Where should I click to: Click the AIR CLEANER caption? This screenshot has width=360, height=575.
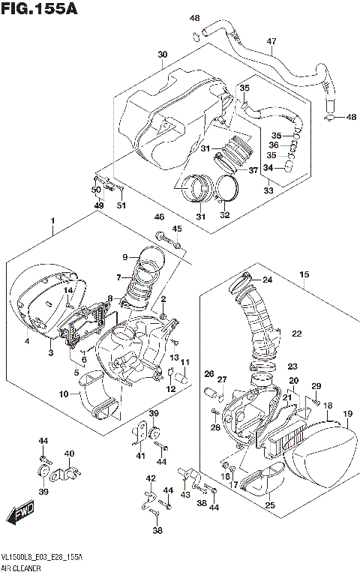[23, 569]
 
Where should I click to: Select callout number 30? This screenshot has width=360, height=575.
[163, 55]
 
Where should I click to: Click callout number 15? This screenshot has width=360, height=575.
[304, 275]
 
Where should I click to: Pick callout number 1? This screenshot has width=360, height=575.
[52, 221]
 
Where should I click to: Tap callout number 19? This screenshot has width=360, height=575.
[347, 414]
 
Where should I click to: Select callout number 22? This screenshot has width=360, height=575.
[296, 334]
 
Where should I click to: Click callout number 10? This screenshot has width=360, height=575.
[64, 394]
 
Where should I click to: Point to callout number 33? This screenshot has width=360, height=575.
[268, 191]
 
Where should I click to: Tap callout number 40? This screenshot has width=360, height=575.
[69, 454]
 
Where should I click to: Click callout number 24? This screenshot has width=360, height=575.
[266, 280]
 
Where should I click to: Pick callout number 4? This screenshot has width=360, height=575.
[28, 342]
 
